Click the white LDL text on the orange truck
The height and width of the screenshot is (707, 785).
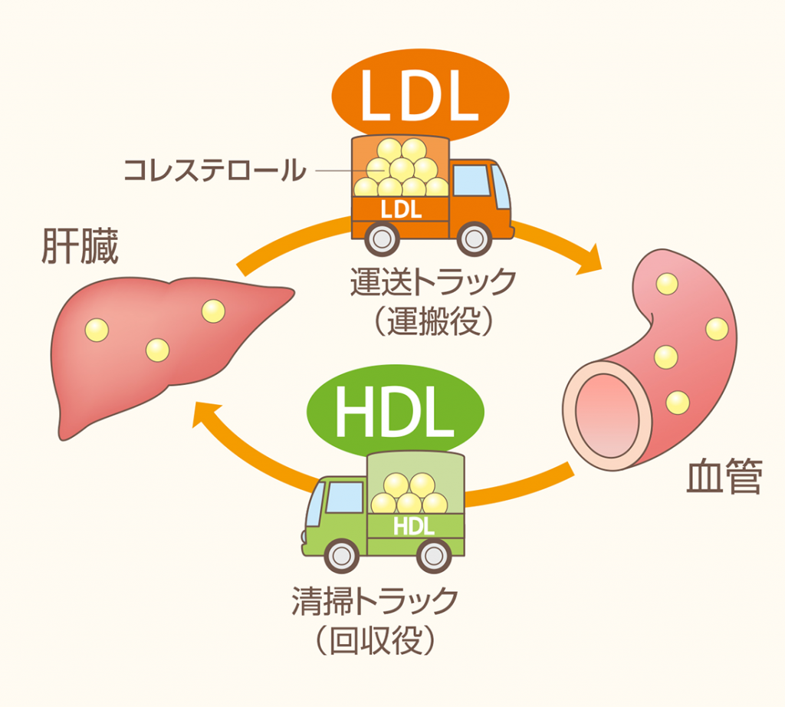coord(402,207)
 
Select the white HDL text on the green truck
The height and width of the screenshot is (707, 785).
coord(413,525)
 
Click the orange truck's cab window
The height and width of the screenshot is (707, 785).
coord(472,181)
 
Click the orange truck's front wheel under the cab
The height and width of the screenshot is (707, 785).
coord(473,238)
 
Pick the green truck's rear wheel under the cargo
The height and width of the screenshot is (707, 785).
coord(434,555)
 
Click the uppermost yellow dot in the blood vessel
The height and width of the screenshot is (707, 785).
coord(666,283)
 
